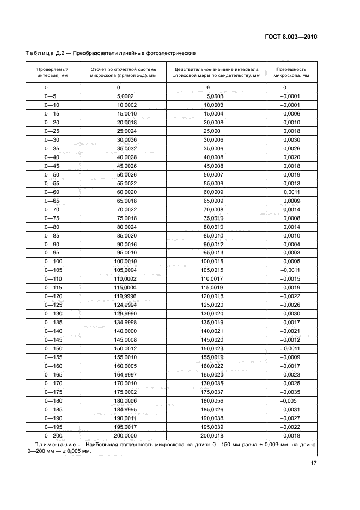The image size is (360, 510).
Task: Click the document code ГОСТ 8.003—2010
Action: pos(287,37)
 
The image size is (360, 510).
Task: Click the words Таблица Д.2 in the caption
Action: pos(46,53)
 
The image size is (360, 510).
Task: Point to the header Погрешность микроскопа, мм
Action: pos(291,73)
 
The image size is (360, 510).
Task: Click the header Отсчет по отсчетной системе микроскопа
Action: pos(118,73)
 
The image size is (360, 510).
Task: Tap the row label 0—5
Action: pos(50,95)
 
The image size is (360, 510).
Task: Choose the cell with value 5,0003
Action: pos(214,95)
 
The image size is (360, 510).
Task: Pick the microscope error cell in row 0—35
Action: pos(291,148)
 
